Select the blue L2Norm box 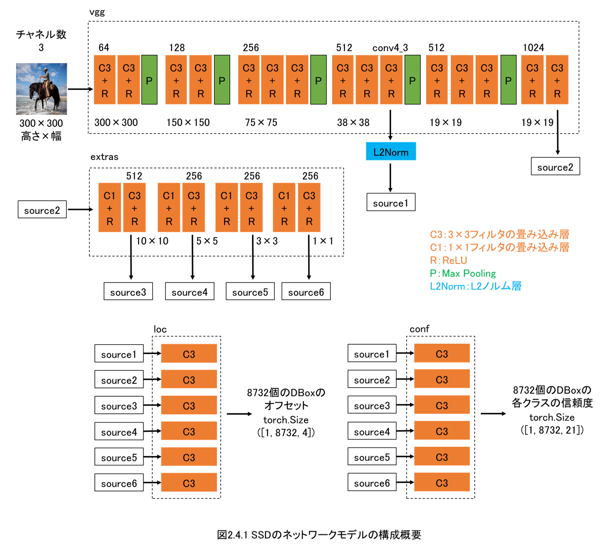point(391,151)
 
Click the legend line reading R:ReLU point(448,260)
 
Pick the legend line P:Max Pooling point(463,273)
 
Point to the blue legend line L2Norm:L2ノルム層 point(475,286)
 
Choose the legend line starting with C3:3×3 point(499,234)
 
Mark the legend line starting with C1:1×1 point(499,247)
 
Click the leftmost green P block point(149,80)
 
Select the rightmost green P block point(508,80)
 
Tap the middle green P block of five point(318,80)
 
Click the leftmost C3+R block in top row point(105,80)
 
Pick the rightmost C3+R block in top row point(557,80)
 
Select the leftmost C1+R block point(109,208)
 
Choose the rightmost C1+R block point(284,208)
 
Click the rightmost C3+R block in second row point(309,208)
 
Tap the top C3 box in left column point(189,353)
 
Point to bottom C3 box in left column point(189,482)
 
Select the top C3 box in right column point(442,353)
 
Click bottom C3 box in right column point(442,482)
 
